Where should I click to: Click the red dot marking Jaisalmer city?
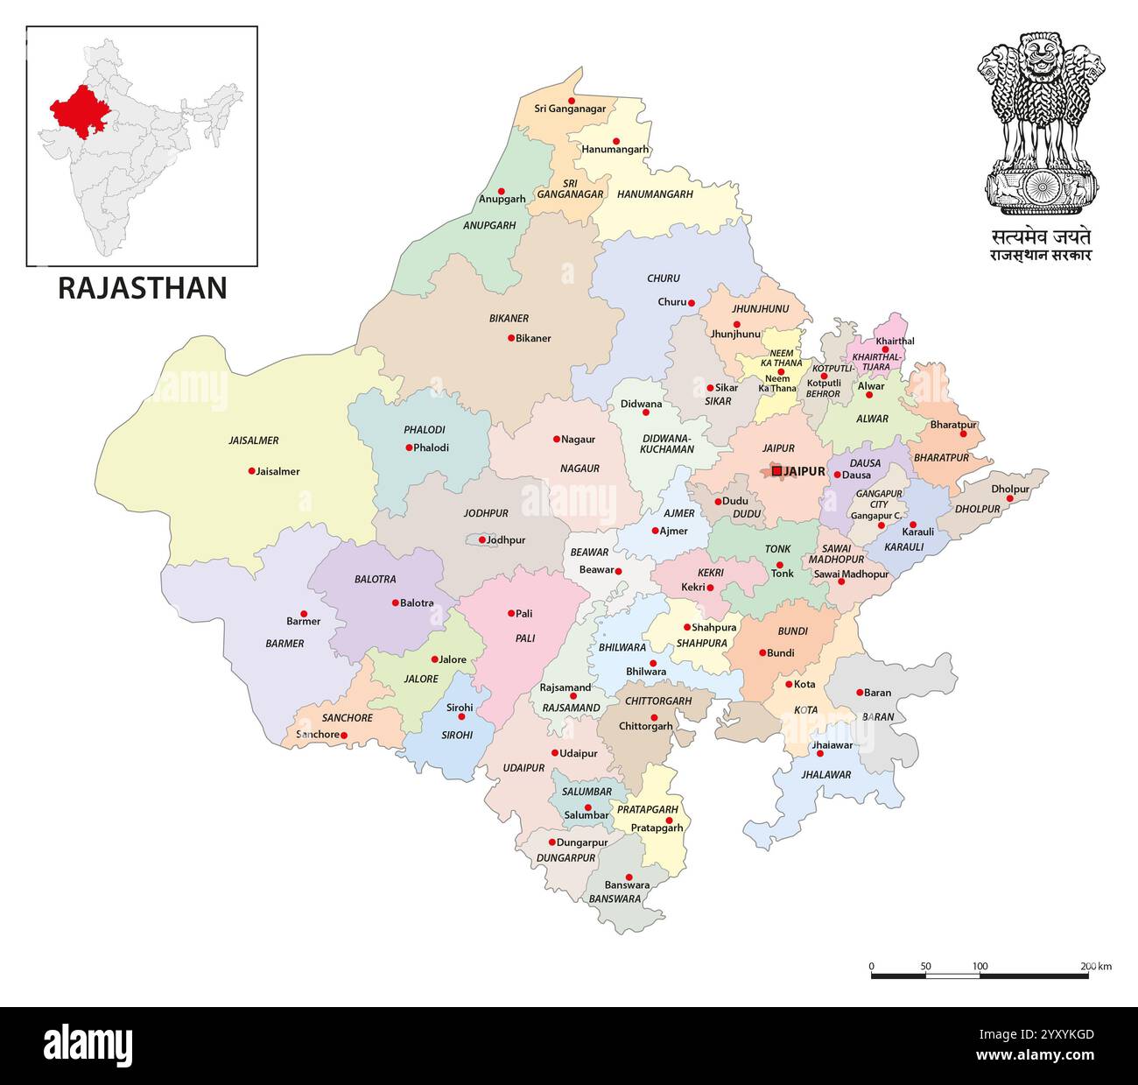(x=251, y=471)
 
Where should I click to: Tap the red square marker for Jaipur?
(x=776, y=471)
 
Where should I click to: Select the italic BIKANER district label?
(x=509, y=319)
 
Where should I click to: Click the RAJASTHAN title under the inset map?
(x=143, y=288)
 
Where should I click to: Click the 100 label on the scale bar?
(x=980, y=967)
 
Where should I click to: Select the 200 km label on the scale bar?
(x=1095, y=967)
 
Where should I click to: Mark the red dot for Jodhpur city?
(x=481, y=540)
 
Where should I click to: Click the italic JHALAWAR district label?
(x=825, y=775)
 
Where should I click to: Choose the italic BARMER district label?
(x=284, y=644)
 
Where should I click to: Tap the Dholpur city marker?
(x=1009, y=499)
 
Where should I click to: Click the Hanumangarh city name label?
(x=615, y=150)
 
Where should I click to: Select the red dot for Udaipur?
(x=554, y=753)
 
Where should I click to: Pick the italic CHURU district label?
(x=663, y=278)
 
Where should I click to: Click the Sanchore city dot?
(x=344, y=736)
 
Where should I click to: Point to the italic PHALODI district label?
(x=425, y=430)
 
